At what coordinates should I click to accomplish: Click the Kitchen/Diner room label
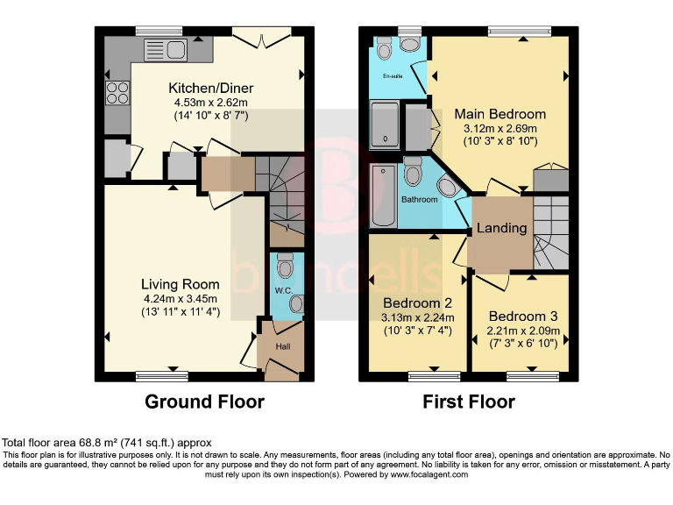coord(209,88)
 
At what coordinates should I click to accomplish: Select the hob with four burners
coord(117,92)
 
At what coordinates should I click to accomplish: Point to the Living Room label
coord(181,284)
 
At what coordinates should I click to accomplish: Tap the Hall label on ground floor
coord(282,345)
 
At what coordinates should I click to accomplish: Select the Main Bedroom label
coord(499,114)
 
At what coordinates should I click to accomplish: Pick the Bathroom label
coord(419,200)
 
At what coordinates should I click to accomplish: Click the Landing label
coord(501,228)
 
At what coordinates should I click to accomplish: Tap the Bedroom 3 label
coord(523,316)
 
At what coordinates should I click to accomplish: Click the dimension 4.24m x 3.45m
coord(181,300)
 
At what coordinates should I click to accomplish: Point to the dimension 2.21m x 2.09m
coord(523,331)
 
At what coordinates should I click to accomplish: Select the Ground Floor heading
coord(203,402)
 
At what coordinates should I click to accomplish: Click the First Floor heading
coord(469,402)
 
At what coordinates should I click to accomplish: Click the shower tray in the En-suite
coord(386,124)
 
